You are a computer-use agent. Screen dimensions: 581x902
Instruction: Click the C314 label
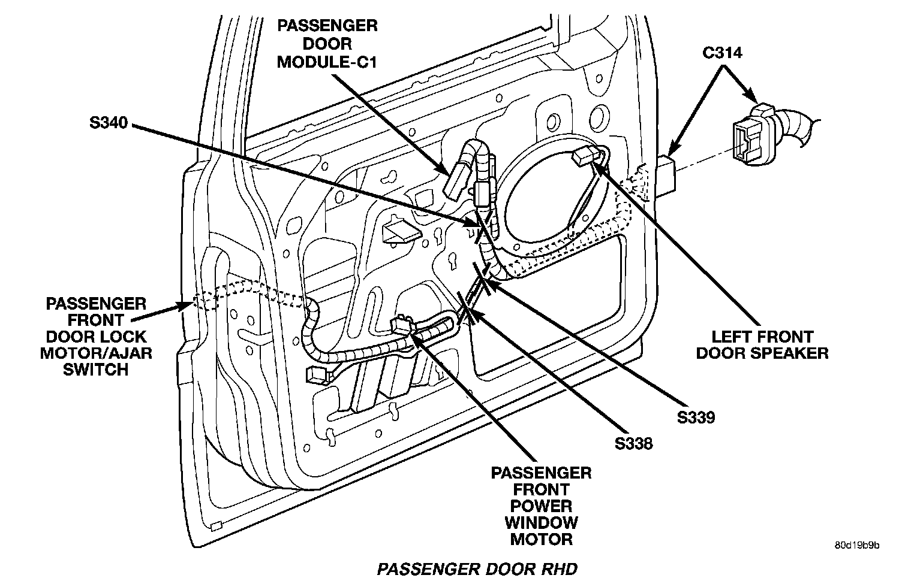point(722,53)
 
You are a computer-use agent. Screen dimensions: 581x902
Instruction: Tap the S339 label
point(696,417)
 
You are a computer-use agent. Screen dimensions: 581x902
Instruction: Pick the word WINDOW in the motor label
point(541,522)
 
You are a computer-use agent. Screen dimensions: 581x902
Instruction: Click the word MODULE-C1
point(327,61)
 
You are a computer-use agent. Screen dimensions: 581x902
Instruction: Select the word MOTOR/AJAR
point(96,352)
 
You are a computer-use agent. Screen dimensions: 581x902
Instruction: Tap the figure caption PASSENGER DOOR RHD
point(477,568)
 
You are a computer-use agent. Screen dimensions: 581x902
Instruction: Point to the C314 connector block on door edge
point(667,174)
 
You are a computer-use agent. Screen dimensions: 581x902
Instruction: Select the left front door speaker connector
point(584,157)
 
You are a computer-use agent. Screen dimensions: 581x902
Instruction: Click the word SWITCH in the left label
point(96,369)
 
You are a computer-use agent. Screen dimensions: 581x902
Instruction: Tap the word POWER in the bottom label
point(541,506)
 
